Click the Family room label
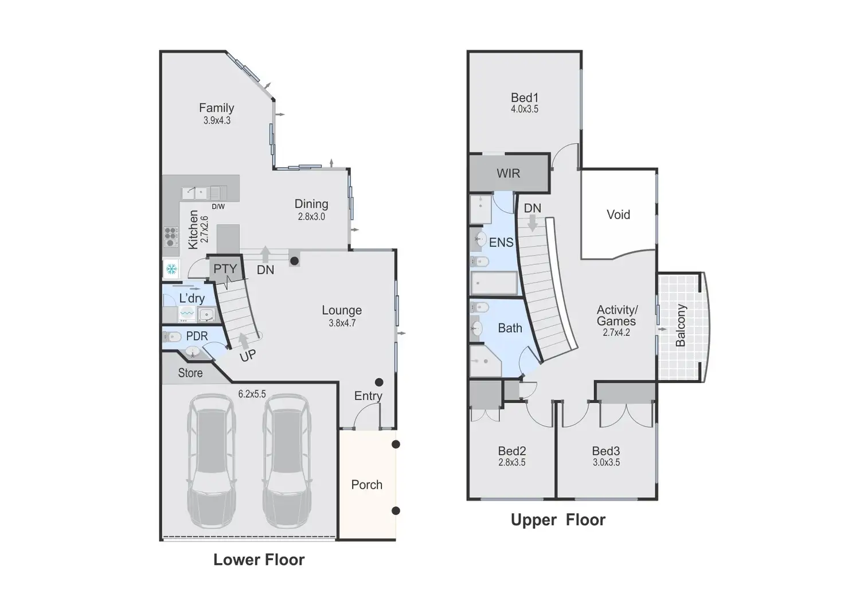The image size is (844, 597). tap(216, 108)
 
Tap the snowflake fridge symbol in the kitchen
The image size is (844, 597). tap(171, 269)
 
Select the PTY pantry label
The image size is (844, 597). tap(225, 269)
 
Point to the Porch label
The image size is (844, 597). tap(366, 485)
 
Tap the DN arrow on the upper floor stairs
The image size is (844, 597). tap(533, 223)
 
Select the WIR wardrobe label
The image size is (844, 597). tap(508, 173)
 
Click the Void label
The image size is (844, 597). tap(618, 214)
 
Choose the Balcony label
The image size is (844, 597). tap(681, 326)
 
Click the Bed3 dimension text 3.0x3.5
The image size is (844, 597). tap(606, 462)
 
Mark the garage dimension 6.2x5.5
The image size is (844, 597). tap(252, 394)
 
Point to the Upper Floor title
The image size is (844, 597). tap(558, 520)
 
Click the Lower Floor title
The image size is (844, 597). tap(259, 560)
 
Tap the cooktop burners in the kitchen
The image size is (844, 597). tap(171, 236)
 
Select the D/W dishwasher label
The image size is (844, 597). tap(218, 206)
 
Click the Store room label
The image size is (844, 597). tap(190, 373)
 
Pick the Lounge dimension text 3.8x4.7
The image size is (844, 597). tap(342, 323)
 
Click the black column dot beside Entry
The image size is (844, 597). tap(379, 382)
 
